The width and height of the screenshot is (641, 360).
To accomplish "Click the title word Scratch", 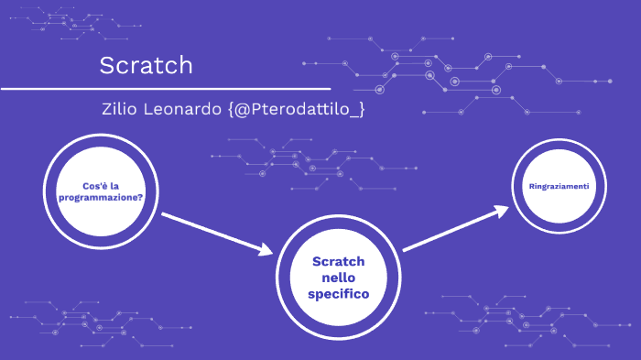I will (147, 66).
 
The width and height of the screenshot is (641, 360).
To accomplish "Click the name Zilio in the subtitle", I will (124, 109).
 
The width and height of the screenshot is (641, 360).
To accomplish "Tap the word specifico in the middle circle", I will (339, 295).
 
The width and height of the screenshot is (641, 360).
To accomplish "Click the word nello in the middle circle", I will (339, 278).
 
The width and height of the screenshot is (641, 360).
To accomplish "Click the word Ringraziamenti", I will (559, 187).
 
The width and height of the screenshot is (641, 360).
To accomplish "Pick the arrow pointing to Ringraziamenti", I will (453, 229).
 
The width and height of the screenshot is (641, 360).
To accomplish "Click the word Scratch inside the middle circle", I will (339, 261).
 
